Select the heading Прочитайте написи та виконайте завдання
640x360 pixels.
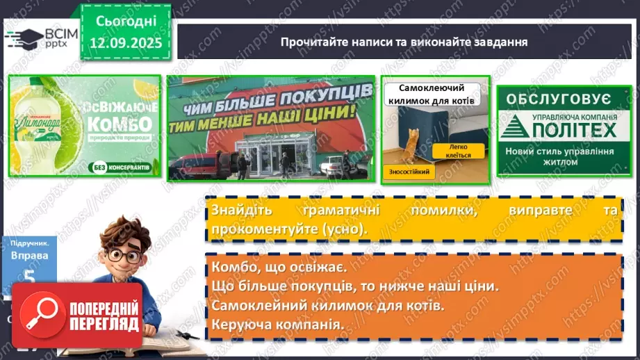pyautogui.click(x=404, y=42)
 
